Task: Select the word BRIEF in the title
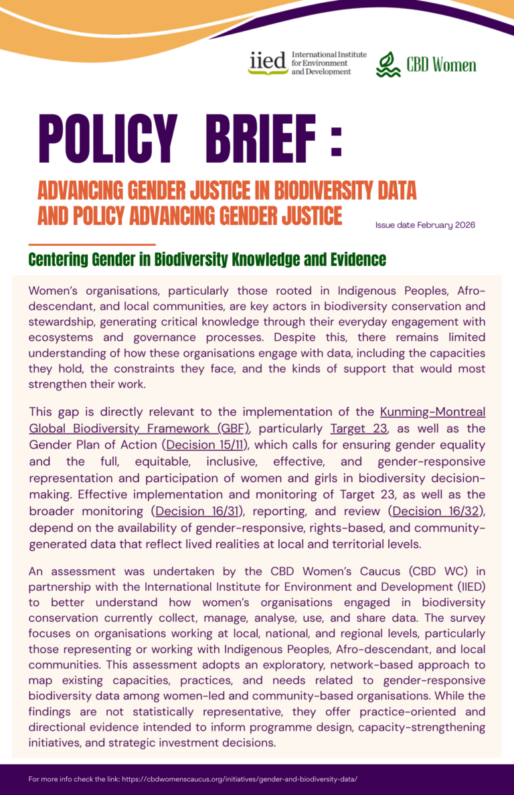pos(260,139)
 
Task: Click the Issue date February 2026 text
pos(425,225)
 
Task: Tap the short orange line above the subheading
pos(92,244)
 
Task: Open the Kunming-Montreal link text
pos(432,411)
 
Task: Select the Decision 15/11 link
pos(207,445)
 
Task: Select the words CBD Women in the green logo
pos(441,65)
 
